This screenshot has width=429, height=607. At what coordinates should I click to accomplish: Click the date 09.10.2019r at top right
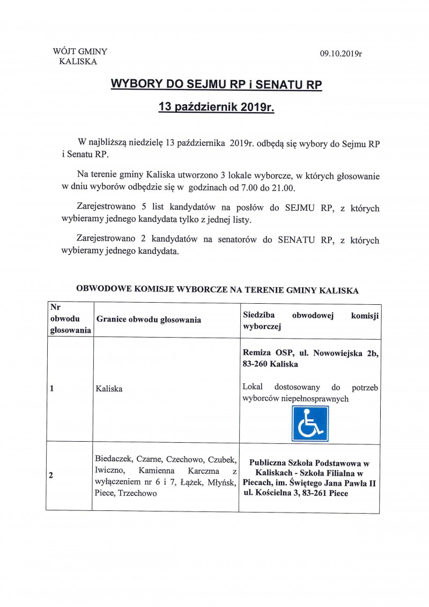(341, 54)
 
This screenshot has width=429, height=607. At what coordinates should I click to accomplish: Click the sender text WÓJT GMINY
(80, 52)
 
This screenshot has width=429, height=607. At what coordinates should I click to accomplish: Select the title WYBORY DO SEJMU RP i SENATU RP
(216, 85)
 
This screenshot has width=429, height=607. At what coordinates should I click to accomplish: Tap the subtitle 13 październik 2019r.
(216, 107)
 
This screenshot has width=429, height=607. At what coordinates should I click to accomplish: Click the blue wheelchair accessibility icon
(310, 423)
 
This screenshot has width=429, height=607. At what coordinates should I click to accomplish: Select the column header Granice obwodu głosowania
(149, 320)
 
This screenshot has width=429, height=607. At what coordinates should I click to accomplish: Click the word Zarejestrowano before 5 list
(110, 208)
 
